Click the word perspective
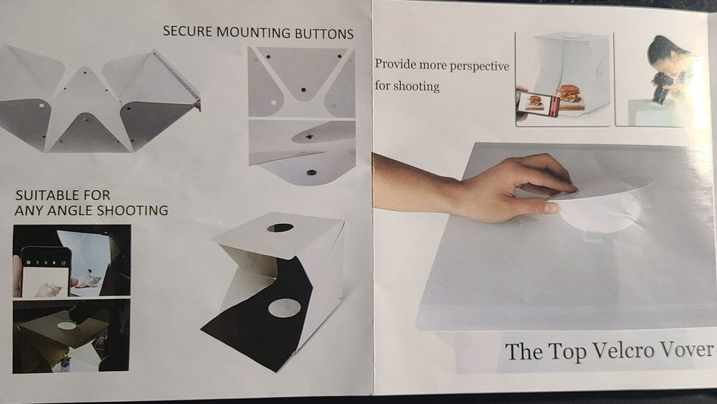[x=479, y=66]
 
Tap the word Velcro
[x=627, y=352]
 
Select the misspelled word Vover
[x=690, y=349]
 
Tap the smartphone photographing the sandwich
[x=538, y=104]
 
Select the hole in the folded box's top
[x=280, y=228]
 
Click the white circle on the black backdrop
[x=285, y=308]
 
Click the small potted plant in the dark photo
[x=65, y=362]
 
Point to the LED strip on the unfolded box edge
[x=176, y=75]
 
